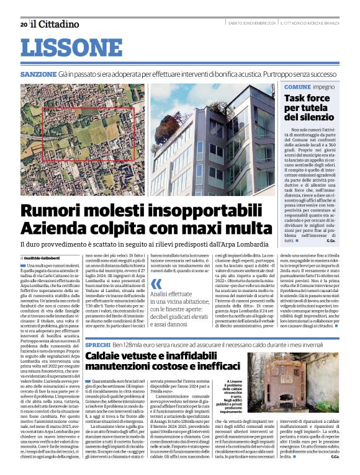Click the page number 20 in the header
[x=23, y=24]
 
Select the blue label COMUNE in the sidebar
[x=297, y=87]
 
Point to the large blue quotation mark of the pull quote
[x=156, y=285]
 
